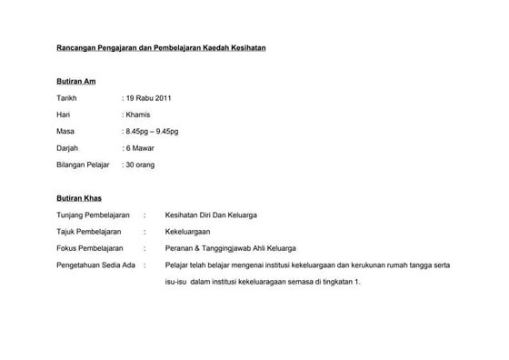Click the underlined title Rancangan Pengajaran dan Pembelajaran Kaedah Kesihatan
pos(161,46)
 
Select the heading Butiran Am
pos(76,82)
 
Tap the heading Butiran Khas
pos(79,197)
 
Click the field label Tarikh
pos(67,98)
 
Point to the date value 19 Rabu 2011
pos(147,98)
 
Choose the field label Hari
pos(64,115)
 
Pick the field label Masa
pos(66,131)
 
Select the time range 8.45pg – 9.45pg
pos(152,131)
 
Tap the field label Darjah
pos(68,147)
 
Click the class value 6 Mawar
pos(140,147)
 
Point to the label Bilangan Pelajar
pos(83,165)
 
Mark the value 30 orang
pos(140,165)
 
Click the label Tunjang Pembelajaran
pos(94,215)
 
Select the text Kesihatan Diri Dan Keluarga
pos(211,215)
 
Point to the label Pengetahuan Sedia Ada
pos(95,265)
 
